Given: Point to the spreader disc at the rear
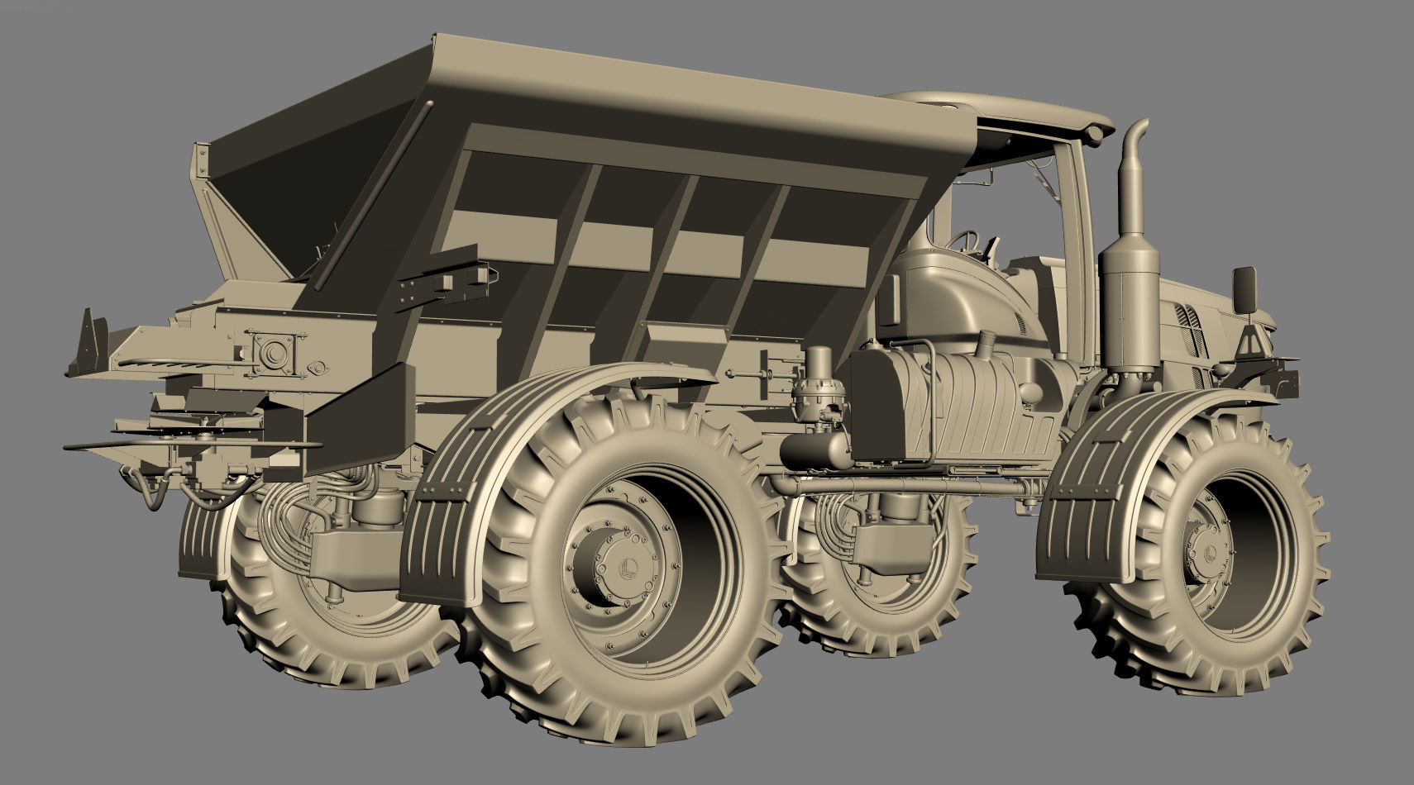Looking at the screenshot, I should click(x=190, y=446).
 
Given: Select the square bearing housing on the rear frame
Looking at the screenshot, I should click(x=270, y=353).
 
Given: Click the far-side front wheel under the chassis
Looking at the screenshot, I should click(x=877, y=578).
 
